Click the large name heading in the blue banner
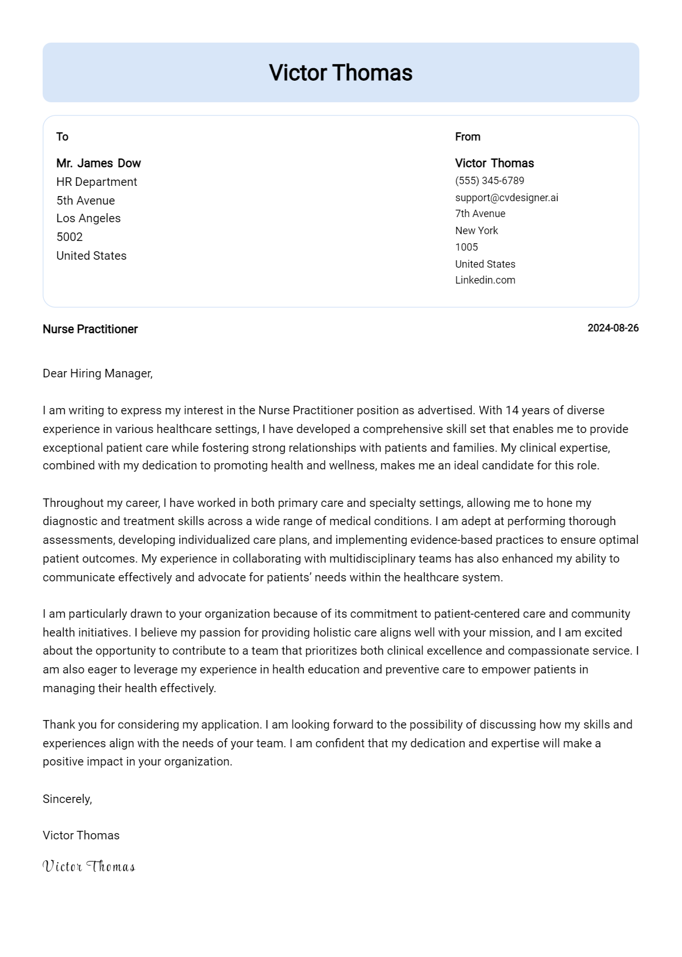tap(340, 73)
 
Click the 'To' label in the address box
tap(63, 137)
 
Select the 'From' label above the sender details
tap(468, 137)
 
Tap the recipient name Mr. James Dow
tap(98, 163)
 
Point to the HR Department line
tap(97, 182)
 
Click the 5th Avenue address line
tap(85, 201)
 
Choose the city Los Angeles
tap(88, 218)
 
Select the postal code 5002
tap(69, 237)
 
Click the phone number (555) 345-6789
tap(489, 181)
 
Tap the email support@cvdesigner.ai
tap(506, 198)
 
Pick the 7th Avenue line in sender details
tap(480, 214)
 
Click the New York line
tap(476, 231)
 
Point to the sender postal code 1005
tap(466, 247)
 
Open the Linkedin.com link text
tap(485, 280)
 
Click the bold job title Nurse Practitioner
tap(90, 329)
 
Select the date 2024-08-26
tap(613, 328)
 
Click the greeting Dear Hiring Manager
tap(97, 373)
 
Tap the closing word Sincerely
tap(67, 799)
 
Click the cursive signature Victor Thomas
tap(89, 867)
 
